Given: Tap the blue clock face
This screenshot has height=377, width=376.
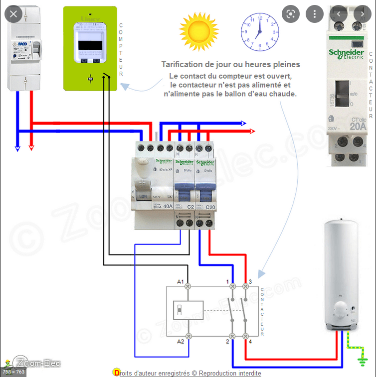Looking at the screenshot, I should click(x=259, y=32).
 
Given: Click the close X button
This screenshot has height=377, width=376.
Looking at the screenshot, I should click(x=13, y=13).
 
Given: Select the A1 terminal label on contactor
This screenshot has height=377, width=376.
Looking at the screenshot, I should click(x=181, y=282).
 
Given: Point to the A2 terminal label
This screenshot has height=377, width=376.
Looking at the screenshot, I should click(x=181, y=341).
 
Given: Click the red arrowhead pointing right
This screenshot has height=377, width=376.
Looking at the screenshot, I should click(x=252, y=131).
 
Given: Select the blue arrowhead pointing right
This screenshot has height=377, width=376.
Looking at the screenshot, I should click(x=243, y=123).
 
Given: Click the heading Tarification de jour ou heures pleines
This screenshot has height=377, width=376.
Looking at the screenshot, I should click(x=230, y=65).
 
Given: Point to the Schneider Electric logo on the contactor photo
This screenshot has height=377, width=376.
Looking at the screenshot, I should click(x=346, y=54).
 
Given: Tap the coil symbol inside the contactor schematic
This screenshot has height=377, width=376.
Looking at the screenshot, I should click(x=188, y=311).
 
